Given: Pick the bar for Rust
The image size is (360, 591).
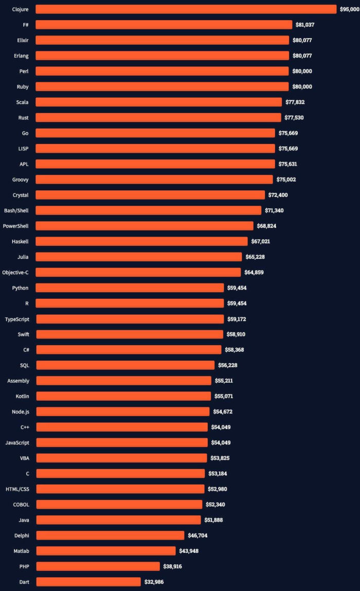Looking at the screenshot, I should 158,118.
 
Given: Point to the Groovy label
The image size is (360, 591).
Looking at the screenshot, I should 21,180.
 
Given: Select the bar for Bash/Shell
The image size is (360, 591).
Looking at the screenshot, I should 149,210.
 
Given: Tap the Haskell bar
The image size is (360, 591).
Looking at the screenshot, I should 141,241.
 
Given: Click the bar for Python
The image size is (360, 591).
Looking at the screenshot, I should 130,288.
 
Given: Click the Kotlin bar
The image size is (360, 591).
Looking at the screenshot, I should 123,396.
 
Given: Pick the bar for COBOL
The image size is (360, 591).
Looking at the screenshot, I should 119,505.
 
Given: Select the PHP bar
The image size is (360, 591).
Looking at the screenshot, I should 98,566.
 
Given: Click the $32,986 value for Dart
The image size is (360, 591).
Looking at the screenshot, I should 154,582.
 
